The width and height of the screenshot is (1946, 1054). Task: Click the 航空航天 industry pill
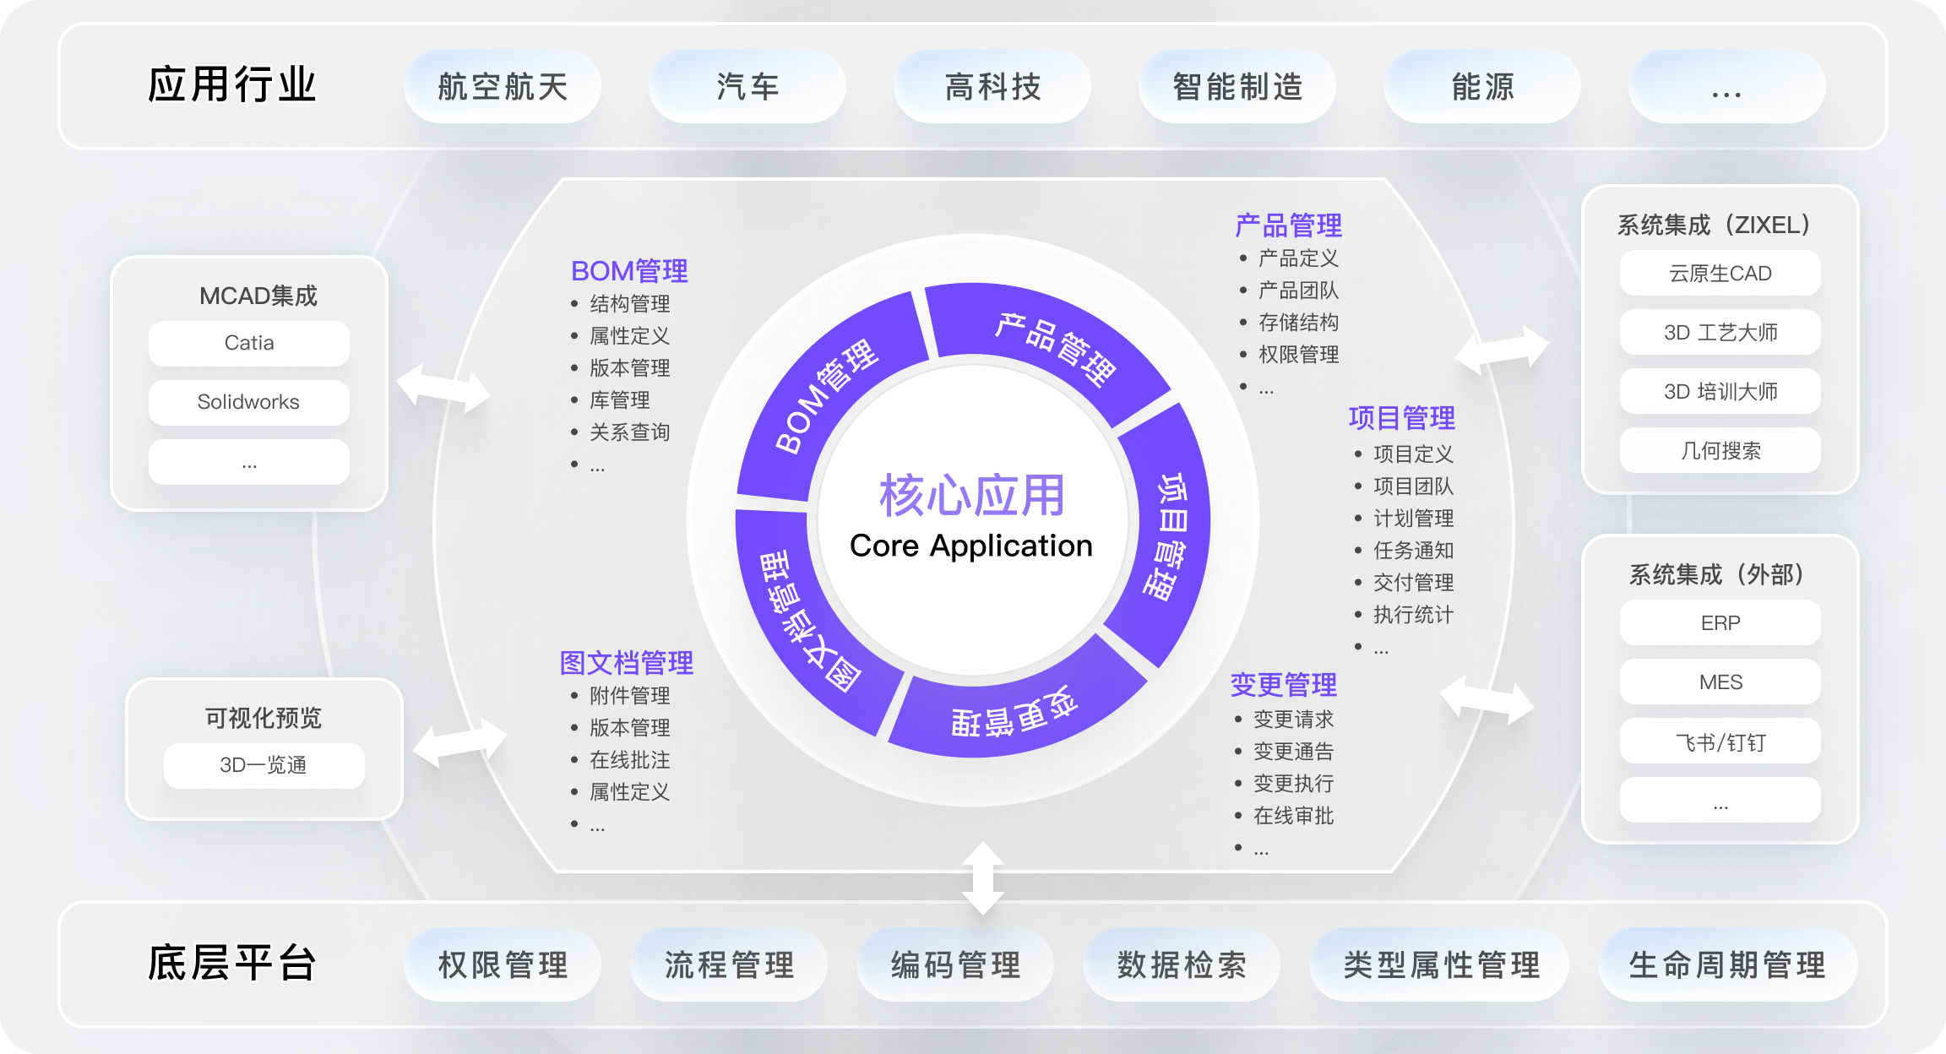pyautogui.click(x=503, y=87)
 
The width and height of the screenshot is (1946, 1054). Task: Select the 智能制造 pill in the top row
pyautogui.click(x=1237, y=87)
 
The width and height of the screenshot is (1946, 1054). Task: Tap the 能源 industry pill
pyautogui.click(x=1482, y=87)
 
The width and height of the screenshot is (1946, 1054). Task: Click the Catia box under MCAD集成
pyautogui.click(x=249, y=343)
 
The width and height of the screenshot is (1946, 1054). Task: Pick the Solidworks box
pyautogui.click(x=249, y=402)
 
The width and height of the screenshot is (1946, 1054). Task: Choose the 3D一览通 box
pyautogui.click(x=264, y=765)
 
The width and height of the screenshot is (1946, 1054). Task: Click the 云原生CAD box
pyautogui.click(x=1720, y=274)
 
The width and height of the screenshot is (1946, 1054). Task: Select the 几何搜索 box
pyautogui.click(x=1720, y=451)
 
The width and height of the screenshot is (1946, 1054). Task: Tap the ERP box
pyautogui.click(x=1720, y=623)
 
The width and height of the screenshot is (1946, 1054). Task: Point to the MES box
pyautogui.click(x=1720, y=682)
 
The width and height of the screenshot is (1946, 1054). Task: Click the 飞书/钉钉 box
pyautogui.click(x=1720, y=742)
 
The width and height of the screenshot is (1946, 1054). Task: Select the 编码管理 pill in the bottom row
pyautogui.click(x=955, y=965)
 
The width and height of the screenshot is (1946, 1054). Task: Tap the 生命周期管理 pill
pyautogui.click(x=1727, y=965)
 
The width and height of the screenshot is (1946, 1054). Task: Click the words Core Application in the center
pyautogui.click(x=971, y=546)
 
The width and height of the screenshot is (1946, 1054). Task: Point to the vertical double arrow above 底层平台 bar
pyautogui.click(x=982, y=878)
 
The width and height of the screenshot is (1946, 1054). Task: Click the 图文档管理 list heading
pyautogui.click(x=626, y=663)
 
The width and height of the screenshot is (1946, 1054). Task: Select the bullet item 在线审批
pyautogui.click(x=1293, y=816)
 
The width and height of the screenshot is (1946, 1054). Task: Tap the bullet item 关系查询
pyautogui.click(x=629, y=432)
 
